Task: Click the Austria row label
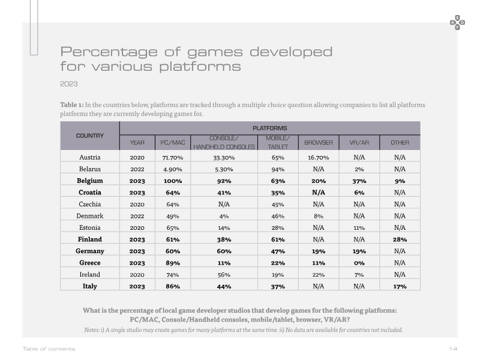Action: (x=89, y=157)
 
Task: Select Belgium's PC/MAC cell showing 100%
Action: (x=173, y=181)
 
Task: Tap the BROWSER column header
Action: (x=319, y=143)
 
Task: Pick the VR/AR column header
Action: (x=359, y=143)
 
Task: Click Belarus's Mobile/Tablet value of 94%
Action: (x=278, y=169)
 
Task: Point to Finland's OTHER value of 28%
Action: (x=400, y=239)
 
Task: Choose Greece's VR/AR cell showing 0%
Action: (x=359, y=263)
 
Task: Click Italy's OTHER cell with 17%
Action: (x=400, y=287)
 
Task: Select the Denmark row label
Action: (x=89, y=216)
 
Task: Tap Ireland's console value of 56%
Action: (x=224, y=275)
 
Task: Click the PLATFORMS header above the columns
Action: (x=269, y=128)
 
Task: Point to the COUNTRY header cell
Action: (x=89, y=136)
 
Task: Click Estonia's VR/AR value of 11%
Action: (x=359, y=228)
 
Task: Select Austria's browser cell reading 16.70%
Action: (x=319, y=158)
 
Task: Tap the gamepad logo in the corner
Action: (x=457, y=23)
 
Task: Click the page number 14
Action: (x=454, y=349)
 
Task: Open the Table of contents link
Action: (x=49, y=349)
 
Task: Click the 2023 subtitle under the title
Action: (x=69, y=84)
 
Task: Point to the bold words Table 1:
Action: (x=71, y=104)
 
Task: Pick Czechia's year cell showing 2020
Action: (x=137, y=205)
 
